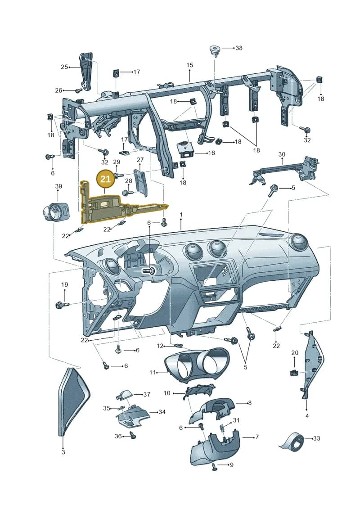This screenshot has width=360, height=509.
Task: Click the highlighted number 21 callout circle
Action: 106,179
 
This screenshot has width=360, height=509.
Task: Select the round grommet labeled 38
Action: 214,50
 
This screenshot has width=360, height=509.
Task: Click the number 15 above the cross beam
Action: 189,65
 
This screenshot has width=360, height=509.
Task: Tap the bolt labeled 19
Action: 63,305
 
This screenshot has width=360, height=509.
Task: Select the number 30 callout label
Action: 281,154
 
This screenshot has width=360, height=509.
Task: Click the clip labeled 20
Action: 294,373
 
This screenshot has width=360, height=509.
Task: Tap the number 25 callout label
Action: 64,67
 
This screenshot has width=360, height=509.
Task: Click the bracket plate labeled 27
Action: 140,182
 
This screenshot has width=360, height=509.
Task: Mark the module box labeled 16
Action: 184,150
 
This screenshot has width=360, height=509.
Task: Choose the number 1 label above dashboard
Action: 181,215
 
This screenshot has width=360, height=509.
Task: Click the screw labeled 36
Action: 133,436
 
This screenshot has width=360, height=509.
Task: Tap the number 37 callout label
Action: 147,394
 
